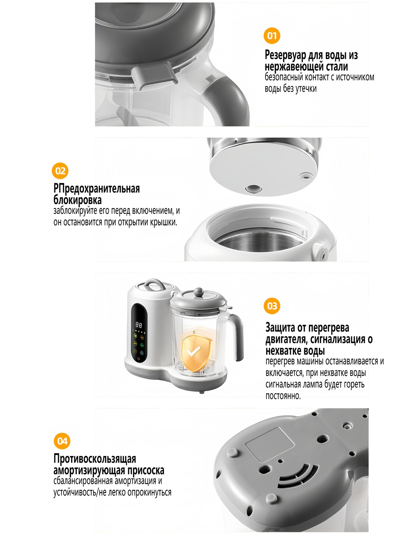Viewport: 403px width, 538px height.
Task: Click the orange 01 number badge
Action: (272, 36)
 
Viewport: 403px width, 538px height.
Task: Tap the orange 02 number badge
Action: (60, 171)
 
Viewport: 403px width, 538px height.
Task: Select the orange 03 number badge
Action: (272, 306)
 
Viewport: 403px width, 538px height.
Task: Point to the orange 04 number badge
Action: (62, 441)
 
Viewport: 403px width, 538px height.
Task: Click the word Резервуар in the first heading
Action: (285, 55)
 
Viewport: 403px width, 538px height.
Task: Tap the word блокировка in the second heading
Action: (78, 200)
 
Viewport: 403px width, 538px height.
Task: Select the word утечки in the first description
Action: (306, 88)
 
